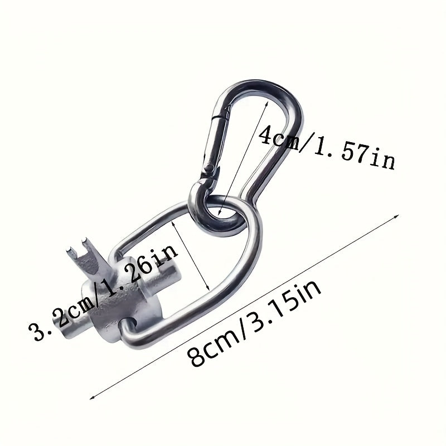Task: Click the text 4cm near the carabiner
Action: coord(280,136)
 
